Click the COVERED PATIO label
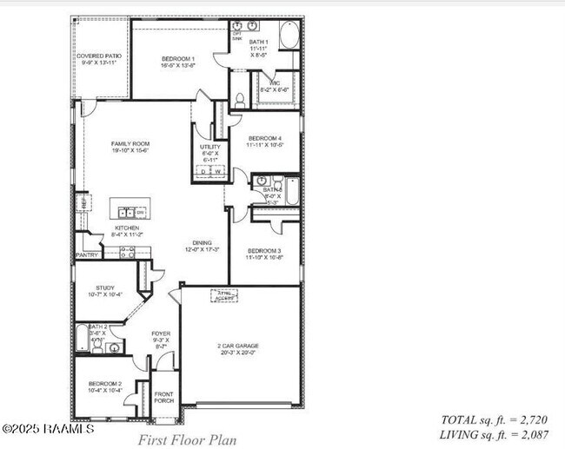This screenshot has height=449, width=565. pyautogui.click(x=99, y=56)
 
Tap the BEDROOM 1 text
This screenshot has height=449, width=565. pyautogui.click(x=178, y=59)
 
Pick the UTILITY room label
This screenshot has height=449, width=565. pyautogui.click(x=209, y=147)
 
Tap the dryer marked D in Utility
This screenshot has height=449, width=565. pyautogui.click(x=203, y=172)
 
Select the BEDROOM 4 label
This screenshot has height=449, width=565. pyautogui.click(x=264, y=138)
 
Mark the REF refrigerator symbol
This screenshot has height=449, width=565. pyautogui.click(x=81, y=203)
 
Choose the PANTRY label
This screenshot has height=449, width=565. pyautogui.click(x=87, y=255)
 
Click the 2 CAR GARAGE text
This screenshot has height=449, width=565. pyautogui.click(x=238, y=345)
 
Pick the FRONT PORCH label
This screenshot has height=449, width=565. pyautogui.click(x=163, y=397)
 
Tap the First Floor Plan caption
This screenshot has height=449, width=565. pyautogui.click(x=187, y=439)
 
